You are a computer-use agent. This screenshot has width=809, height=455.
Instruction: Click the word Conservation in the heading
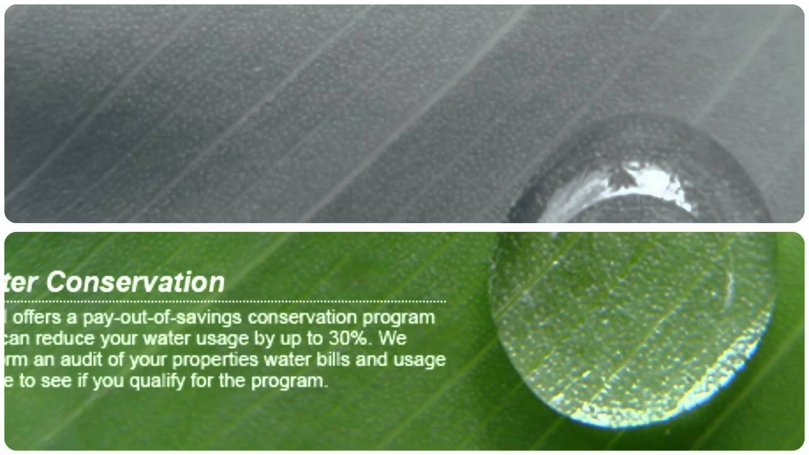135,282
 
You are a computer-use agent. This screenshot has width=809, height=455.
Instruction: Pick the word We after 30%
393,339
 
